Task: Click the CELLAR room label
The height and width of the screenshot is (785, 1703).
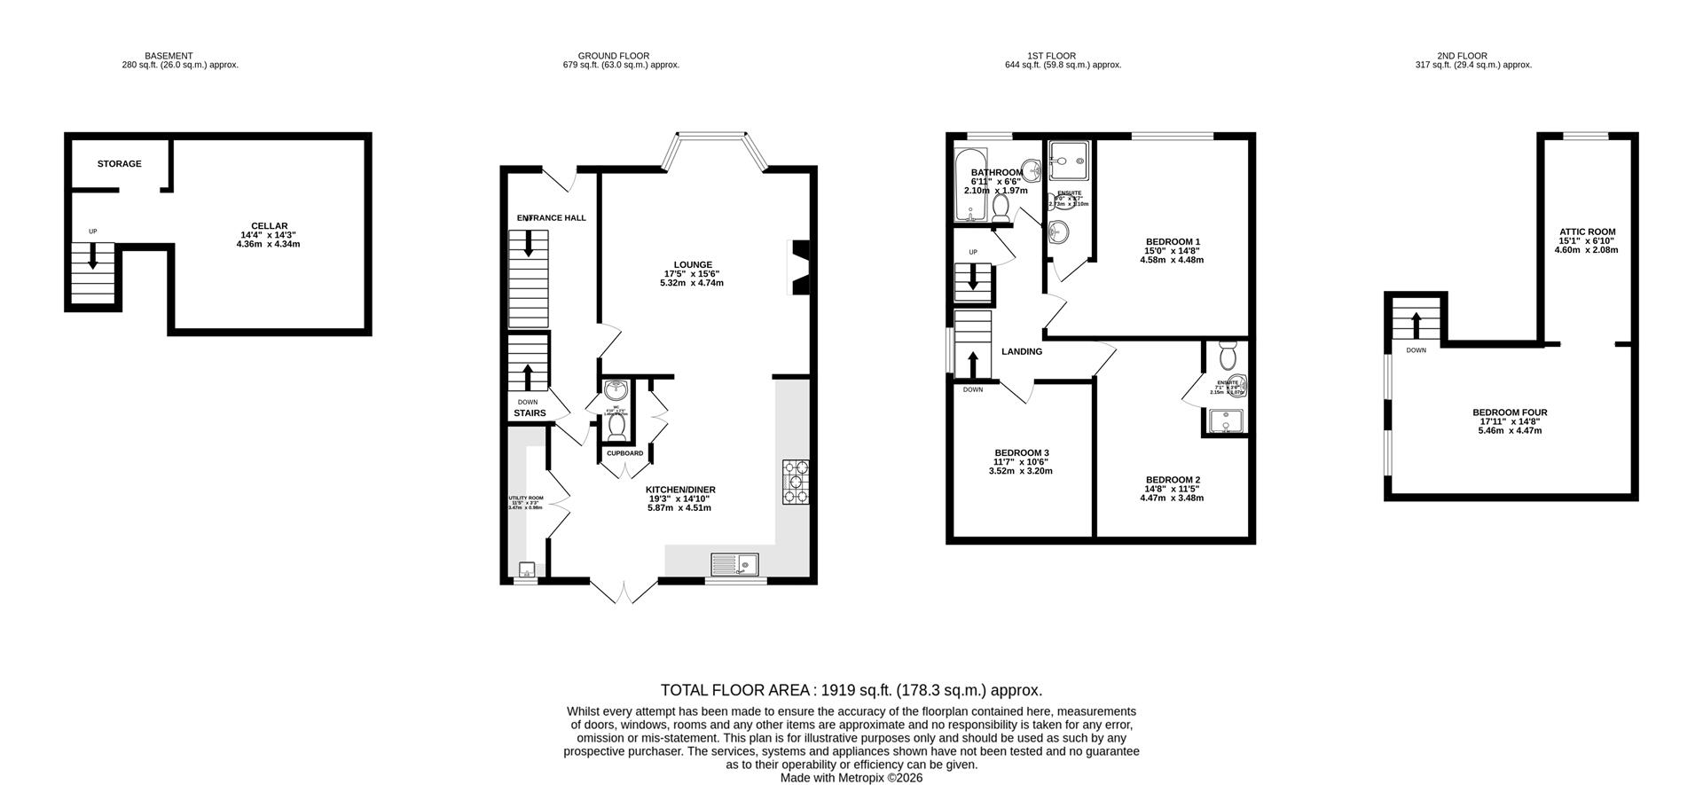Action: click(268, 226)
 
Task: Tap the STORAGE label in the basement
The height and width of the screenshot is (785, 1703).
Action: click(119, 164)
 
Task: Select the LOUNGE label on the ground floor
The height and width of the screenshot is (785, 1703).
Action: click(693, 264)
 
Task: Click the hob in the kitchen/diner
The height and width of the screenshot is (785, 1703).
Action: click(796, 482)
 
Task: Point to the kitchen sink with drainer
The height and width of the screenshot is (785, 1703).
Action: click(735, 563)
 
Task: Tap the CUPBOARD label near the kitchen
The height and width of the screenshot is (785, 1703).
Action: click(624, 453)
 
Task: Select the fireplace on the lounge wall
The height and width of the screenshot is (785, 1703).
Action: click(799, 267)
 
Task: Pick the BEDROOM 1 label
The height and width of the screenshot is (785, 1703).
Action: click(1173, 241)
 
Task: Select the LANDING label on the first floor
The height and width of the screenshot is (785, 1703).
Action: click(1022, 352)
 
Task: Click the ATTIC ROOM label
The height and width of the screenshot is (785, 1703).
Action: click(1587, 232)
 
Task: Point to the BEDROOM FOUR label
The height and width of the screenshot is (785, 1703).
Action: click(1510, 412)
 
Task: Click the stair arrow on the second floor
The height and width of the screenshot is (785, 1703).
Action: click(1416, 326)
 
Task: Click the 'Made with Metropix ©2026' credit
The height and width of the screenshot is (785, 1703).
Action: click(851, 778)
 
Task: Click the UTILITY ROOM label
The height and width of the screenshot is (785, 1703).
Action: click(525, 498)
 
